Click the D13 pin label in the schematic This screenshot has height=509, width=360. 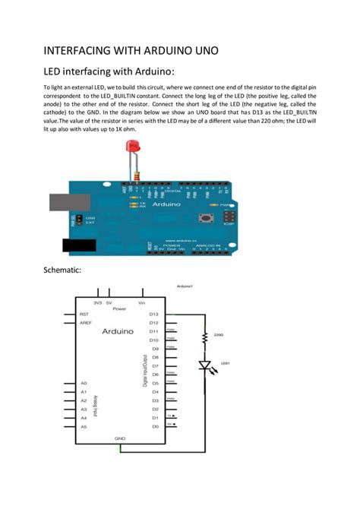point(153,313)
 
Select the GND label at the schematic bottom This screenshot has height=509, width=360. point(120,438)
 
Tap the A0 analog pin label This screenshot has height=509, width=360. point(84,384)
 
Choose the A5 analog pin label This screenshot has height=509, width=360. point(84,426)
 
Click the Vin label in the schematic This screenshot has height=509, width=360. point(142,302)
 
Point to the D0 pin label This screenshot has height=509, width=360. point(153,426)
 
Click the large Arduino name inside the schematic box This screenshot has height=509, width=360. point(118,331)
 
